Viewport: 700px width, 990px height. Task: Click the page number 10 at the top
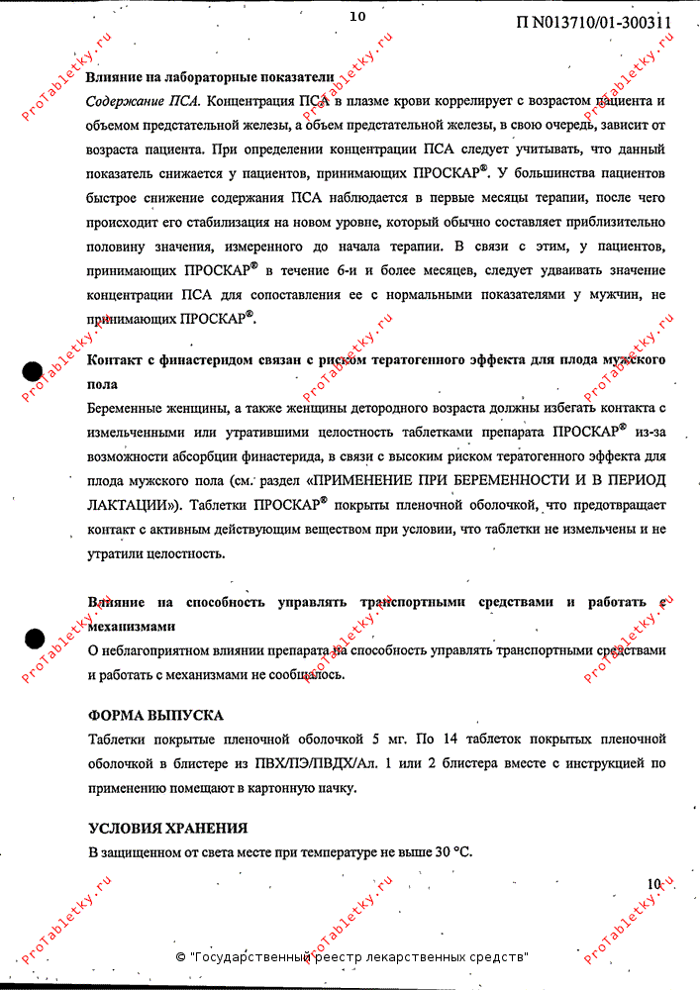[x=357, y=16]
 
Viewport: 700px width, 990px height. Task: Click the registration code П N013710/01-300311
[x=593, y=22]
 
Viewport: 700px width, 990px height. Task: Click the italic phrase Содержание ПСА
[x=144, y=102]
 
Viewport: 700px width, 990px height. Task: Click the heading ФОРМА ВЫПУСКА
[x=155, y=716]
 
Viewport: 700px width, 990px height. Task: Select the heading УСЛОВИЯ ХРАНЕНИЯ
[x=167, y=828]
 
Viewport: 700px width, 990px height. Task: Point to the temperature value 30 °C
[x=451, y=851]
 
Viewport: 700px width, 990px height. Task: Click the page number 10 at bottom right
[x=653, y=884]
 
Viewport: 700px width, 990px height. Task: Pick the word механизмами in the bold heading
[x=132, y=627]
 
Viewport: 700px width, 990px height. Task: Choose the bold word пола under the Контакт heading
[x=102, y=383]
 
